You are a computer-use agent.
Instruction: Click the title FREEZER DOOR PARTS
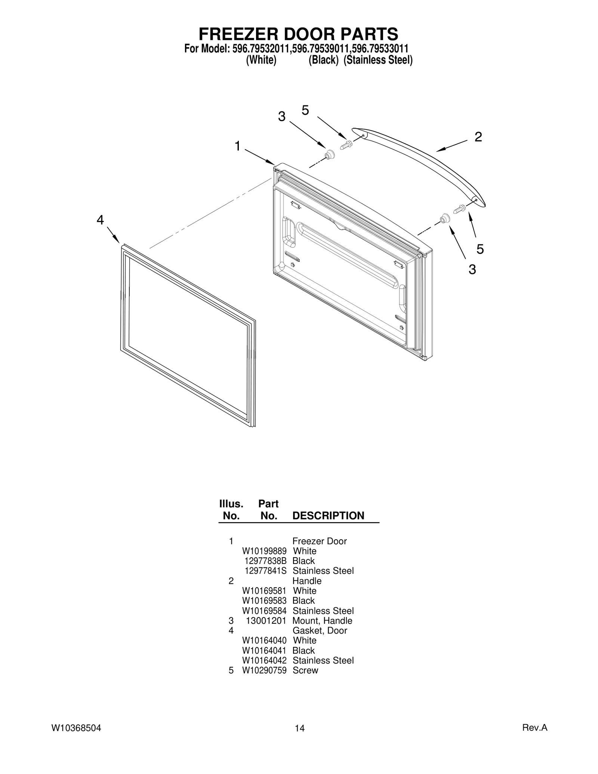click(x=298, y=34)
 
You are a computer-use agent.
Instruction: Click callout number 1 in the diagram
click(x=237, y=146)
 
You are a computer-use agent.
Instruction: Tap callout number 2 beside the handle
click(x=478, y=137)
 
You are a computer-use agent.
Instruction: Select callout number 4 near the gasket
click(x=100, y=220)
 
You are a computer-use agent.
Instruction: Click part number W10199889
click(x=264, y=551)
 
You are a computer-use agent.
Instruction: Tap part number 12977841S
click(x=265, y=571)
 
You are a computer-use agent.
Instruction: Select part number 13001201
click(x=266, y=621)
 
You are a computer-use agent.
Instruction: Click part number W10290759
click(x=264, y=670)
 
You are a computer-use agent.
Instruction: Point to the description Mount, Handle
click(x=322, y=621)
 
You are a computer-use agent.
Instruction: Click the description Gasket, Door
click(x=320, y=630)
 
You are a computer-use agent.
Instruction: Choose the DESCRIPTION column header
click(x=328, y=516)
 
